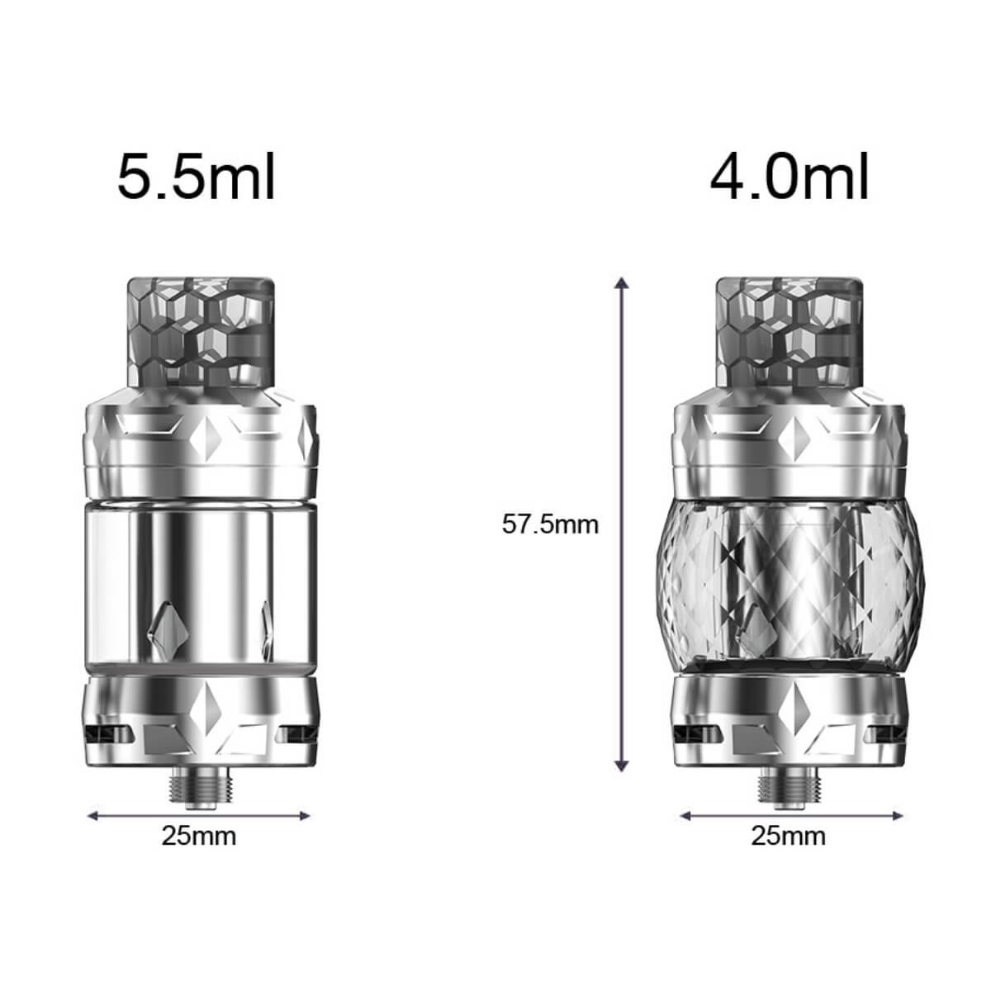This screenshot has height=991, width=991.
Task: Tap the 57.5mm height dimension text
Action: [x=550, y=524]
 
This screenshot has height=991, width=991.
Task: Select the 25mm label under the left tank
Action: [x=198, y=836]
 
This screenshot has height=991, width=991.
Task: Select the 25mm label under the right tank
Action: [x=788, y=836]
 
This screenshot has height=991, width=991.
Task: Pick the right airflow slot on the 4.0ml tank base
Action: [x=887, y=732]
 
